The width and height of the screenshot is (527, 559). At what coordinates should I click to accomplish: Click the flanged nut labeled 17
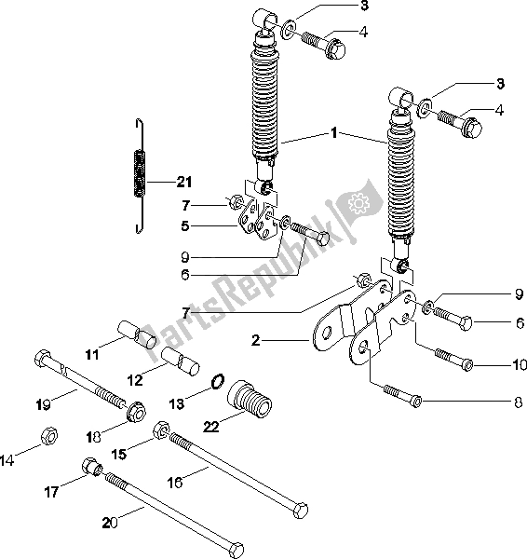(91, 465)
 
